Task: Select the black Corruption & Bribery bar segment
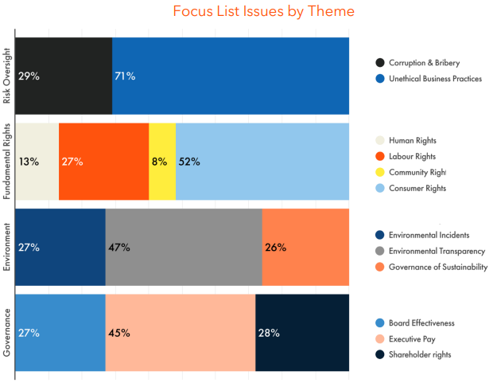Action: pos(64,76)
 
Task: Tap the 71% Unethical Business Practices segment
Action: pos(231,76)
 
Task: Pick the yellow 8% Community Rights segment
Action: pos(162,162)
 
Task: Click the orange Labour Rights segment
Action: pos(103,162)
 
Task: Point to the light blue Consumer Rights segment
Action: pos(262,162)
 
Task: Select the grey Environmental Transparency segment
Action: pos(184,247)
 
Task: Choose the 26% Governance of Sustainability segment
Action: pos(305,247)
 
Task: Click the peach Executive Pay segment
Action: pos(181,332)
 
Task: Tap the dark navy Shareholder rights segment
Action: pos(302,332)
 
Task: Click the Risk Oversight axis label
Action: pos(7,76)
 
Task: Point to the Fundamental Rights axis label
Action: pos(7,162)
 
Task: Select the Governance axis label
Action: pos(7,332)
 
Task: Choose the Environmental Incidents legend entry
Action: pos(429,235)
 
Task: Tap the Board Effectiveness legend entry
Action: pos(421,322)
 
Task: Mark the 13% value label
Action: pos(29,162)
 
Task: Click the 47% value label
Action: pos(119,247)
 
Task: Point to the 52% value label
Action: pos(189,162)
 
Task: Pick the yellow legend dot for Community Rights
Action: pos(380,172)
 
